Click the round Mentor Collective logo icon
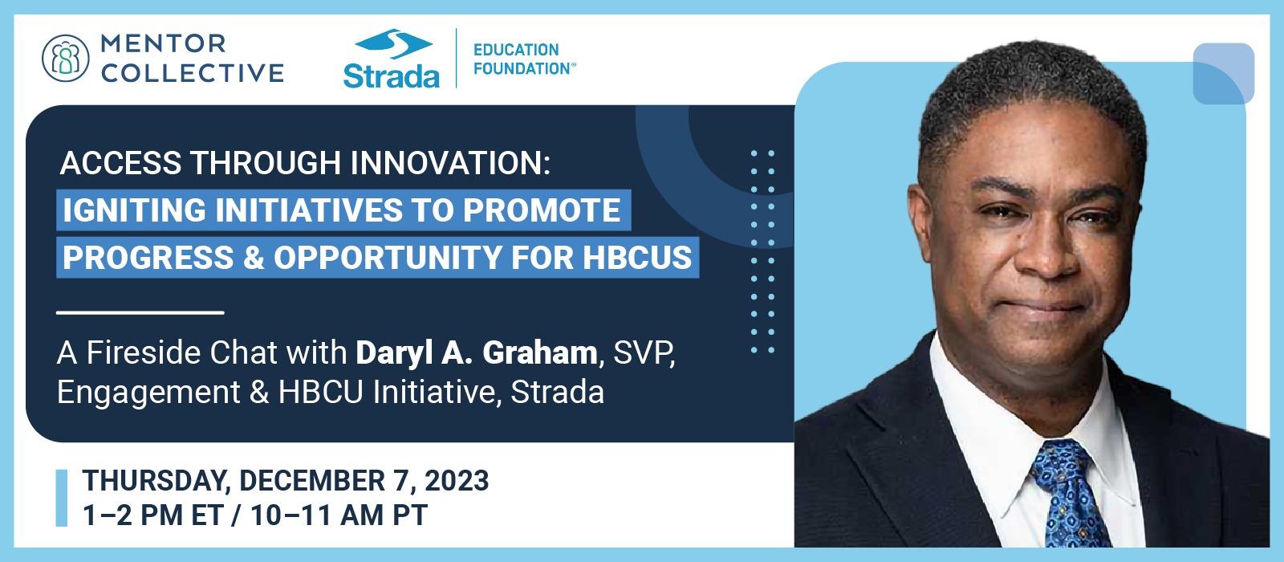[x=65, y=58]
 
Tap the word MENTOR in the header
[x=164, y=43]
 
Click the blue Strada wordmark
[x=391, y=75]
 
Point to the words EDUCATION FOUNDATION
[x=523, y=59]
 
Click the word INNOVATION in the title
[x=450, y=163]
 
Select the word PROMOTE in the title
[x=542, y=210]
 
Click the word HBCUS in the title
[x=637, y=258]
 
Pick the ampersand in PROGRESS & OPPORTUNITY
[x=254, y=258]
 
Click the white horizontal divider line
[x=140, y=312]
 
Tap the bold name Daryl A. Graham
[x=477, y=352]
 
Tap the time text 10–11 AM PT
[x=339, y=515]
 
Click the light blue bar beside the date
[x=62, y=498]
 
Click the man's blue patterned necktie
[x=1070, y=498]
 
